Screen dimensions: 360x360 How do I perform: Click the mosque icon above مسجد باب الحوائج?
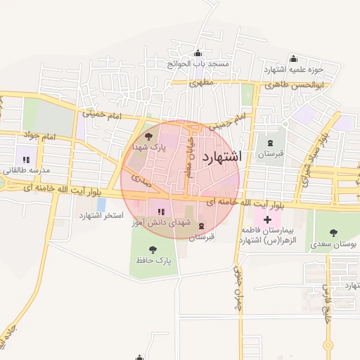click(198, 53)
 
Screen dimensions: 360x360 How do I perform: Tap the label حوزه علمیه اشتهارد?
click(293, 69)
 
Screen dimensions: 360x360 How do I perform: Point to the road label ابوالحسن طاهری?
click(295, 84)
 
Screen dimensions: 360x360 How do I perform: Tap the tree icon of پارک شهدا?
click(148, 137)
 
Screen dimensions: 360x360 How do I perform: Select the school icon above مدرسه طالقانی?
click(26, 160)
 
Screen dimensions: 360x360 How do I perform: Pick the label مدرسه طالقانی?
click(25, 171)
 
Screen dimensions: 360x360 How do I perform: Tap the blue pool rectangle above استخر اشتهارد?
click(102, 203)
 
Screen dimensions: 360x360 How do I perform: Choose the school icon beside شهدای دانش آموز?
click(160, 210)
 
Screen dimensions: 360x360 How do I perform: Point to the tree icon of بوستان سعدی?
click(333, 233)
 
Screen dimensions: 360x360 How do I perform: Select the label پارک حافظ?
click(154, 261)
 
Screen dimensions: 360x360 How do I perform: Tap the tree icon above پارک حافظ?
click(154, 250)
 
